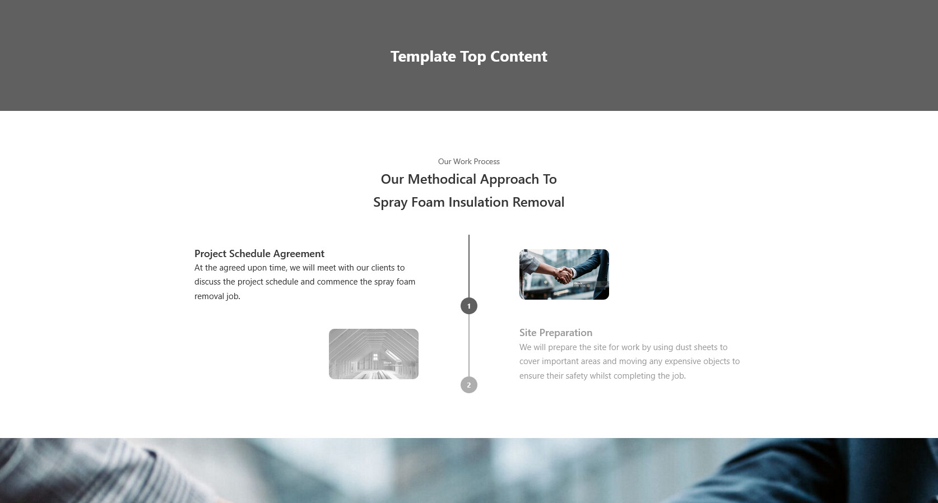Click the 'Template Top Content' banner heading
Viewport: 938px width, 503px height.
468,57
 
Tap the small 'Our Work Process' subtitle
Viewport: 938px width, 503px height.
468,161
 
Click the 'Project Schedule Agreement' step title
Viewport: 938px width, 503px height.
259,254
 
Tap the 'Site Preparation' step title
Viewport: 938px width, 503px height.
556,333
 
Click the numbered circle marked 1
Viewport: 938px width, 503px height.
468,306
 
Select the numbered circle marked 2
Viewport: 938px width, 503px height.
468,385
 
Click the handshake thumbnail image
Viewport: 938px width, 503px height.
564,274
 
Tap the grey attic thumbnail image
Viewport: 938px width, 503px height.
374,354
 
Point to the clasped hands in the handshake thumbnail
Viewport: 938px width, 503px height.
564,276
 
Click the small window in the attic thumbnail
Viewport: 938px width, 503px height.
375,357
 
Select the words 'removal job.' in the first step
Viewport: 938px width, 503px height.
217,296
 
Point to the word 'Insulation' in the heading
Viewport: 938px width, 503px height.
478,202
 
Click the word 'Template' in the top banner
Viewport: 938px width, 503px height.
423,57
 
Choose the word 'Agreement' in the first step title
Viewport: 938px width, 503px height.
299,254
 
